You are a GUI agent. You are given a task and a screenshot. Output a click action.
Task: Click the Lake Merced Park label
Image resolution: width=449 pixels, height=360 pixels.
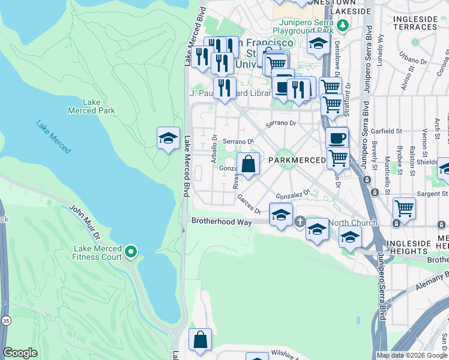point(91,106)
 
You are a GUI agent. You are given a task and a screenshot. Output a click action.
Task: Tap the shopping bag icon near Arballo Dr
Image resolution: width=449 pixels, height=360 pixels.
point(248,163)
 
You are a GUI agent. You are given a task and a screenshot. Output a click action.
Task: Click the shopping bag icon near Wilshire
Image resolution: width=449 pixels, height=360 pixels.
point(200,340)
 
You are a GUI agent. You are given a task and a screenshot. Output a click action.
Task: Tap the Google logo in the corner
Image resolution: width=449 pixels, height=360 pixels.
point(20,353)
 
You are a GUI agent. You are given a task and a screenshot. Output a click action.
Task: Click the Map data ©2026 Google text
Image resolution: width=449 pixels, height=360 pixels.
point(412,355)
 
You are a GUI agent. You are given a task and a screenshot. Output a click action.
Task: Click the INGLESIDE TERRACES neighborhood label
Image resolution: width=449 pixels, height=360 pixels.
point(415,23)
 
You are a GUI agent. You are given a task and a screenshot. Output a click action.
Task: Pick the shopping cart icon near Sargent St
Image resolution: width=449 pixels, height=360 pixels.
point(404,208)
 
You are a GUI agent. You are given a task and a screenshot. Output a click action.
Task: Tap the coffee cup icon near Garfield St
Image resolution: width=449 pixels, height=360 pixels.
point(337,137)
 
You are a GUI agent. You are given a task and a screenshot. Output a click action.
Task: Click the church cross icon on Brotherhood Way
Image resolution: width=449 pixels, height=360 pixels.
point(300,222)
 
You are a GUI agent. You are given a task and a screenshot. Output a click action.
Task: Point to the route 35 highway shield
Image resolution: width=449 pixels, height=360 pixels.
point(5,338)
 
